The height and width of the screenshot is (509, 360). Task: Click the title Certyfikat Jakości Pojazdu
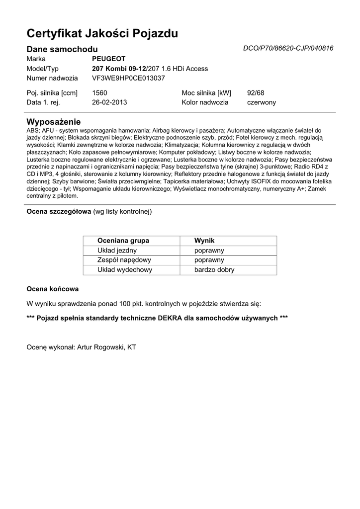102,34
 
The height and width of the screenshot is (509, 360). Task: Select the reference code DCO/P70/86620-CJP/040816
288,49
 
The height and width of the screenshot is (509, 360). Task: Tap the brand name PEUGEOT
109,59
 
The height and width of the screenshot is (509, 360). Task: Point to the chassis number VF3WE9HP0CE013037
128,78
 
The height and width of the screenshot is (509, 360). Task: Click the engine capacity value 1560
99,92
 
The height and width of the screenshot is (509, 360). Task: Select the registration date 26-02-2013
109,102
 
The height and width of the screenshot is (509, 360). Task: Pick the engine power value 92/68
256,92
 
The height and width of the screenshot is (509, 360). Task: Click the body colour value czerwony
261,102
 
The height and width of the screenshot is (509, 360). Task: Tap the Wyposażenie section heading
53,122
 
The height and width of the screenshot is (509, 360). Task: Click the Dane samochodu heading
62,49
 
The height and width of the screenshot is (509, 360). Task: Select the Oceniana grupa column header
123,241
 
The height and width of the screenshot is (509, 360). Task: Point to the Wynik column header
204,241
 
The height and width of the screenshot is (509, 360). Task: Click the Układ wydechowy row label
125,270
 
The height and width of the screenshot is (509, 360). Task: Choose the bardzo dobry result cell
214,270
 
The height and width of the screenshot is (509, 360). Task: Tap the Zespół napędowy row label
124,260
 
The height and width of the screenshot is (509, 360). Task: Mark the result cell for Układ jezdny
209,251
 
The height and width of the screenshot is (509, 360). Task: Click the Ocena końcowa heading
52,289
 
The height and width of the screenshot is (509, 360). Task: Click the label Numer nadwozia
52,78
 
